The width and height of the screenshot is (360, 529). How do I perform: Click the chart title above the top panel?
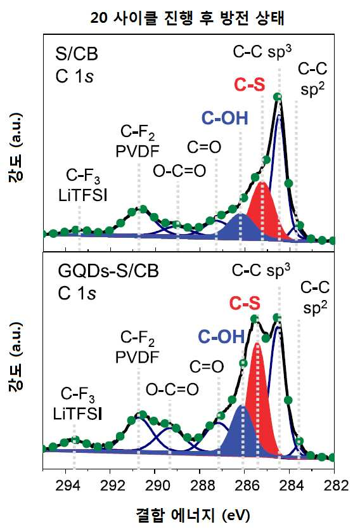187,18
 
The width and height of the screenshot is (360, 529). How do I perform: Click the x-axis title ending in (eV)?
193,515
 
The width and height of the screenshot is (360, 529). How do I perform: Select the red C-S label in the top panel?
250,84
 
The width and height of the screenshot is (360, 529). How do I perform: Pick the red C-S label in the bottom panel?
245,303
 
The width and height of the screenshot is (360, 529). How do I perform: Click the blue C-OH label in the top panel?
225,118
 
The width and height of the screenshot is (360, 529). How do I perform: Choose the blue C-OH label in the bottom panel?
221,336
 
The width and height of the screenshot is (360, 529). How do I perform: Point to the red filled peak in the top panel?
263,212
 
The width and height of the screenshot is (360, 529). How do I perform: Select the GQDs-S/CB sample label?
108,271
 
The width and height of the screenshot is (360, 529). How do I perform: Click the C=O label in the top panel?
204,147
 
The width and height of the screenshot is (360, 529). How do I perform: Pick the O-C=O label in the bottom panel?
172,389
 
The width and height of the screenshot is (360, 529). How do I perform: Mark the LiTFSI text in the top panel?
83,195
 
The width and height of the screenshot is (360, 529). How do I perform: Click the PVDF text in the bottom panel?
137,357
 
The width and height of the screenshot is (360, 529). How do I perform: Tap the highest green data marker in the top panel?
278,97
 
